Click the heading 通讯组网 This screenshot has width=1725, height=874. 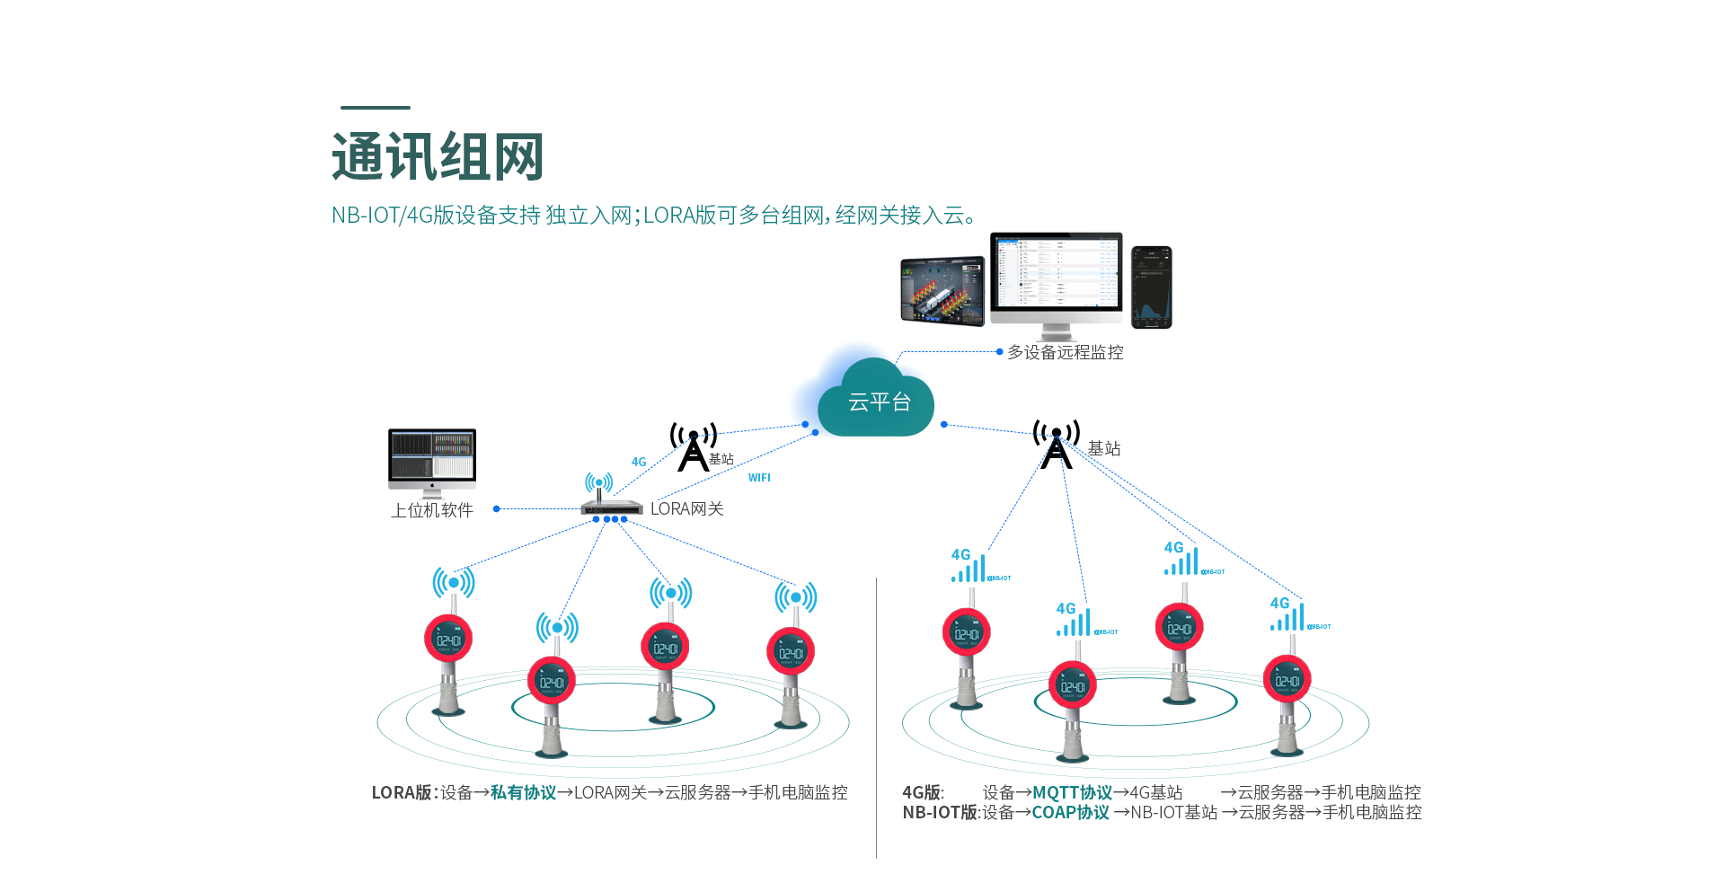tap(438, 157)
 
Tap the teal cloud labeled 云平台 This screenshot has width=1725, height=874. tap(878, 402)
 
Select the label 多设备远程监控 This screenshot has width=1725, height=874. tap(1065, 352)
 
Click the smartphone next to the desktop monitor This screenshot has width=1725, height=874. tap(1152, 287)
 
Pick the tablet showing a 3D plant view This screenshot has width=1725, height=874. tap(942, 290)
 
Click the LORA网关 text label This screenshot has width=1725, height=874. tap(686, 509)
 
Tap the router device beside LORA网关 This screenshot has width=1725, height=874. tap(611, 506)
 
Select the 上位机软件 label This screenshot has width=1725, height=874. tap(431, 510)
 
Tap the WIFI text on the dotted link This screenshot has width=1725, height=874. tap(759, 478)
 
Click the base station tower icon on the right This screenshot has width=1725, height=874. tap(1057, 445)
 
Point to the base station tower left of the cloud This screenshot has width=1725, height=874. tap(693, 447)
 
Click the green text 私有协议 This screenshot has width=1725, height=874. tap(523, 792)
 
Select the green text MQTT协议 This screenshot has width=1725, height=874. tap(1072, 792)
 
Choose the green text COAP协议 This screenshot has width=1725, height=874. tap(1070, 812)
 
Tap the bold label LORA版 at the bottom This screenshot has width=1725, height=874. tap(402, 792)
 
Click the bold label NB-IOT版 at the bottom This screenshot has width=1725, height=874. tap(940, 812)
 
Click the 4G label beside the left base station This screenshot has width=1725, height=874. tap(639, 463)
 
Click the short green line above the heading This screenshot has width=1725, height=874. tap(376, 108)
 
